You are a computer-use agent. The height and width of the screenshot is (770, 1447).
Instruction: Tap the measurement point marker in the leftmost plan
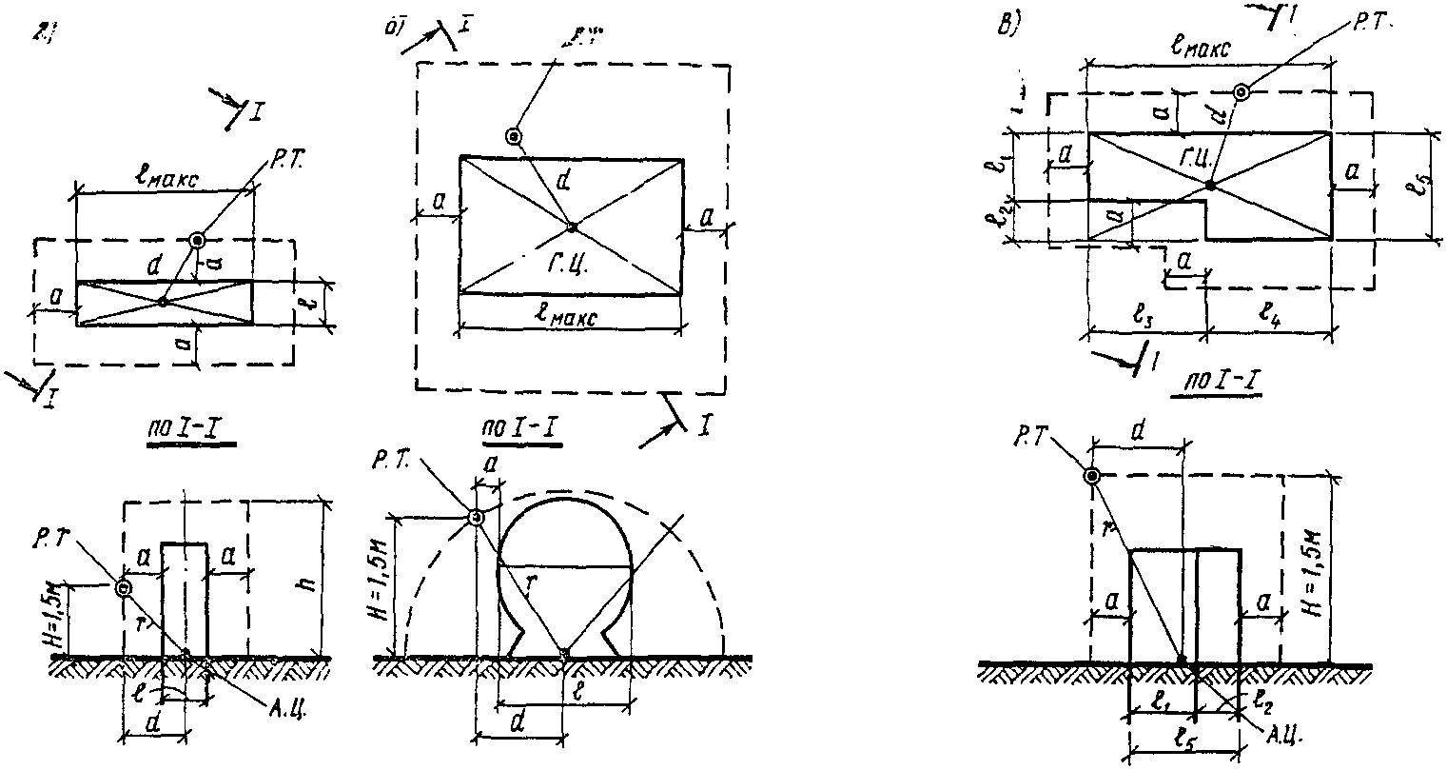(197, 240)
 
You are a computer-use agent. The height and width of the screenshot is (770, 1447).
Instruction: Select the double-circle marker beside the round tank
(475, 517)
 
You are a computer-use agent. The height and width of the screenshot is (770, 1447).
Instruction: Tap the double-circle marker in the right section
(1092, 475)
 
